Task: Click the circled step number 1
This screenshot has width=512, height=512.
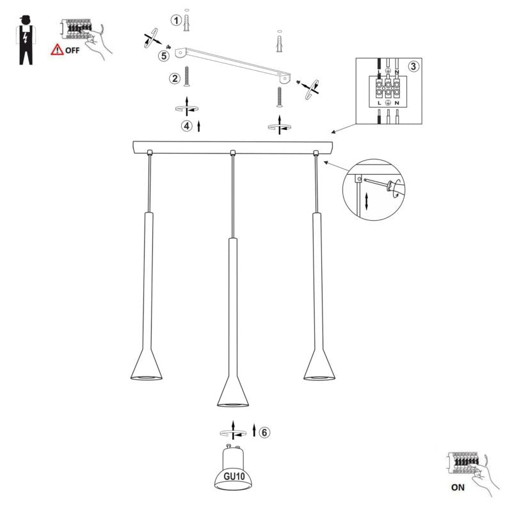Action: click(176, 20)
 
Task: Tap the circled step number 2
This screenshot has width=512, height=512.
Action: click(175, 78)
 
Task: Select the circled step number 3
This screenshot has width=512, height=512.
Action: click(413, 67)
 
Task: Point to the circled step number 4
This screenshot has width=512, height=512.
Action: click(187, 125)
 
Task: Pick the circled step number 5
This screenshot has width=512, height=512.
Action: click(164, 56)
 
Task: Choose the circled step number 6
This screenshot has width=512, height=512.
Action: click(264, 433)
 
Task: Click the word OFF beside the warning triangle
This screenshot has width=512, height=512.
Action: click(72, 51)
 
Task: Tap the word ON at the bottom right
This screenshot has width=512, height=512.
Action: click(458, 488)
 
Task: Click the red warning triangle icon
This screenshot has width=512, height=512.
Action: click(57, 49)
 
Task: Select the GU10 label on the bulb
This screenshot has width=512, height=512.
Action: click(234, 476)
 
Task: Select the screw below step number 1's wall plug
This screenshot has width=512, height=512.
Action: click(186, 76)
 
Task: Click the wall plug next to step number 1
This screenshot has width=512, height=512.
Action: click(186, 22)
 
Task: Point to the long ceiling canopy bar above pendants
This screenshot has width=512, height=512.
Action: click(232, 147)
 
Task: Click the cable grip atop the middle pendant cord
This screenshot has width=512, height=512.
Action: click(233, 152)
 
